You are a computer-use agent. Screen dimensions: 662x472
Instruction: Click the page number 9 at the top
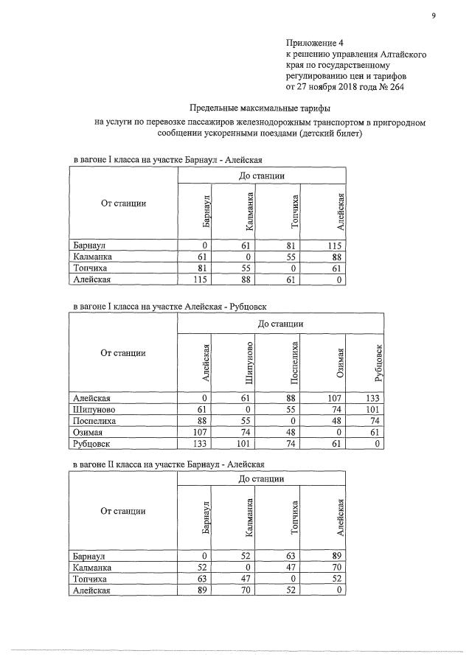434,12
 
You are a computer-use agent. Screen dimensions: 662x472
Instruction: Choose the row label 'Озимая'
90,433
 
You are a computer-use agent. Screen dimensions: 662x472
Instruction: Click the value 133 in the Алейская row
374,397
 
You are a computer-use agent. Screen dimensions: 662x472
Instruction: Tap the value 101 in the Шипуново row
374,409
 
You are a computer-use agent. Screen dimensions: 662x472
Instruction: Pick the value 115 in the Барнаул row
336,244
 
